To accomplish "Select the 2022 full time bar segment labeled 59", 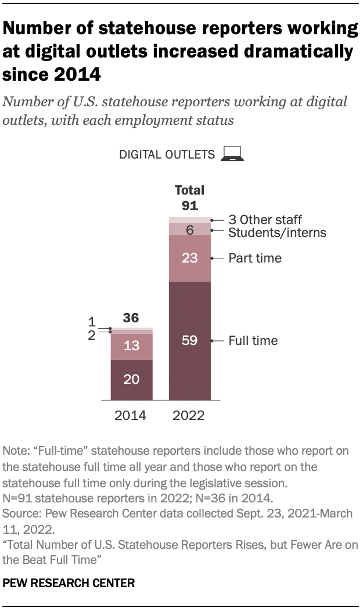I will tap(190, 340).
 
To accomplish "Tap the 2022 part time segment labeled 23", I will tap(190, 258).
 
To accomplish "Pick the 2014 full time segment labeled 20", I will tap(132, 379).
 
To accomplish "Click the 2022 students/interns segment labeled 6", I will tap(190, 229).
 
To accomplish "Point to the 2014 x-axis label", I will tap(131, 416).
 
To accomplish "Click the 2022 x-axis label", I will tap(190, 416).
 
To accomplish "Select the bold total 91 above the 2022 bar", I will tap(190, 205).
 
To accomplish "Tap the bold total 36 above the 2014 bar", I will tap(132, 318).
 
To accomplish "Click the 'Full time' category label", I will tap(253, 340).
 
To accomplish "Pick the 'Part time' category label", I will tap(254, 258).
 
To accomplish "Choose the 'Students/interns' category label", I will tap(277, 233).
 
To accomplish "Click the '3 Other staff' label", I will tap(265, 220).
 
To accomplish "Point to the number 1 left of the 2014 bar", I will tap(91, 322).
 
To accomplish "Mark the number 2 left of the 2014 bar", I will tap(91, 335).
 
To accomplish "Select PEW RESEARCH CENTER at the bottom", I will tap(69, 583).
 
